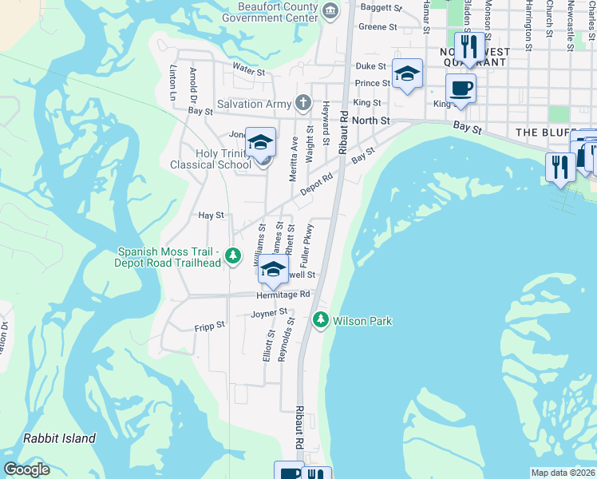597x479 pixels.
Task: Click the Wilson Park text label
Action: click(x=362, y=321)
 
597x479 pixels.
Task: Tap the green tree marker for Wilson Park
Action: click(x=321, y=319)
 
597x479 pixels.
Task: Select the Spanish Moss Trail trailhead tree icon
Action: click(x=232, y=255)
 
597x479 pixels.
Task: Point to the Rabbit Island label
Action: click(x=59, y=438)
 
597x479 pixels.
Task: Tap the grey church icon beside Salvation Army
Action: click(x=302, y=102)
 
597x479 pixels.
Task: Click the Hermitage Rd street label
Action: click(x=283, y=295)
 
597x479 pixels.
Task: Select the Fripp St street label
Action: click(x=210, y=327)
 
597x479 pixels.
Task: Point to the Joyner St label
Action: click(x=269, y=314)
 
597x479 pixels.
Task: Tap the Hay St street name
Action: click(x=211, y=215)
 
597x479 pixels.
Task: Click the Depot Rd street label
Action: click(x=315, y=184)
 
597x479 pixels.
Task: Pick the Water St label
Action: click(x=248, y=71)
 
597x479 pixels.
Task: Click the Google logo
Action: click(x=26, y=469)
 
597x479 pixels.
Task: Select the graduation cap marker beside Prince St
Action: click(x=408, y=74)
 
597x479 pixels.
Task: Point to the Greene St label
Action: click(x=378, y=26)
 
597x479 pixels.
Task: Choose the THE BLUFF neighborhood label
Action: click(x=546, y=132)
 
